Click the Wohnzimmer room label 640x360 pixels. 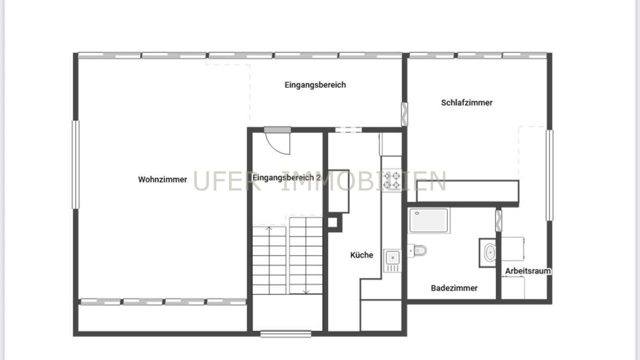coord(163,180)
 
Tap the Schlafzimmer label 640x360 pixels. coord(467,103)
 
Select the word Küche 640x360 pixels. coord(362,255)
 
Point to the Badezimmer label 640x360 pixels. coord(454,288)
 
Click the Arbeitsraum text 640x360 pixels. coord(528,271)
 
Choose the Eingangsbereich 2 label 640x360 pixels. coord(286,178)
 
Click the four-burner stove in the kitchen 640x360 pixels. coord(391,180)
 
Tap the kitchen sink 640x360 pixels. coord(392,261)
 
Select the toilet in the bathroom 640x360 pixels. coord(417,251)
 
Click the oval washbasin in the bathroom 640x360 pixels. coord(490,252)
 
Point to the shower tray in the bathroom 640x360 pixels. coord(428,220)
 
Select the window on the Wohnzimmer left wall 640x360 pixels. coord(75,165)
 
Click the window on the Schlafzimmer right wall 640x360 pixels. coord(549,175)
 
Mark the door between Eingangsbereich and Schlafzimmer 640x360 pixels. coord(404,114)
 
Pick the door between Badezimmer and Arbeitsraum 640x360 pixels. coord(498,221)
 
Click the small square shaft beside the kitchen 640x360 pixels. coord(333,222)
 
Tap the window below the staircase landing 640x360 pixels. coord(286,334)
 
